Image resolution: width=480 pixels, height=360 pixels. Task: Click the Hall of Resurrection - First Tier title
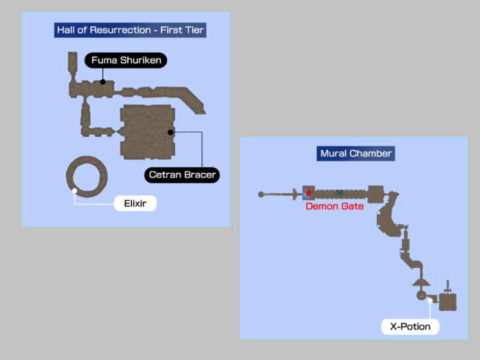[x=130, y=30]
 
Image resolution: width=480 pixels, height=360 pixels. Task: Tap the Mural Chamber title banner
[x=356, y=154]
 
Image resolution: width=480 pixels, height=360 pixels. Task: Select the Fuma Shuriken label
[x=126, y=61]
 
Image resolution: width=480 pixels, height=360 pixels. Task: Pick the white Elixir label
[x=135, y=204]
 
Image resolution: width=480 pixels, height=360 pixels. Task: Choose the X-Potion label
[x=410, y=326]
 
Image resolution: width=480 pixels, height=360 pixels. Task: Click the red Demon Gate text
[x=334, y=206]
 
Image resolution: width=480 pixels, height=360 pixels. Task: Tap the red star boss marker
[x=309, y=193]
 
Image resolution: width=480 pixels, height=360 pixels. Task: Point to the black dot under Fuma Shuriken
[x=103, y=82]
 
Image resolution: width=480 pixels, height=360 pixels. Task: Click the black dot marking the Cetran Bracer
[x=170, y=132]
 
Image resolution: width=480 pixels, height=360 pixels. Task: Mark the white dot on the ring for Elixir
[x=75, y=191]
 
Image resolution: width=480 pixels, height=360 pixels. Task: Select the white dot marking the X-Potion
[x=429, y=301]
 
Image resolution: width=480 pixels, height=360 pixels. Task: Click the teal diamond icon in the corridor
[x=340, y=193]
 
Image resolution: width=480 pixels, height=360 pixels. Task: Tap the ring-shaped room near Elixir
[x=87, y=176]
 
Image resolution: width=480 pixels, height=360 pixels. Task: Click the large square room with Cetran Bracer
[x=146, y=133]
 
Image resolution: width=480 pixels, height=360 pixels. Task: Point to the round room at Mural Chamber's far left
[x=261, y=194]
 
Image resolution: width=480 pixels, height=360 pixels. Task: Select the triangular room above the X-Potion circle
[x=420, y=282]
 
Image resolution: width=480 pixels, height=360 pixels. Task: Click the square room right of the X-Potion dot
[x=448, y=302]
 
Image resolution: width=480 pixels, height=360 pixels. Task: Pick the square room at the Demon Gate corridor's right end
[x=375, y=195]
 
